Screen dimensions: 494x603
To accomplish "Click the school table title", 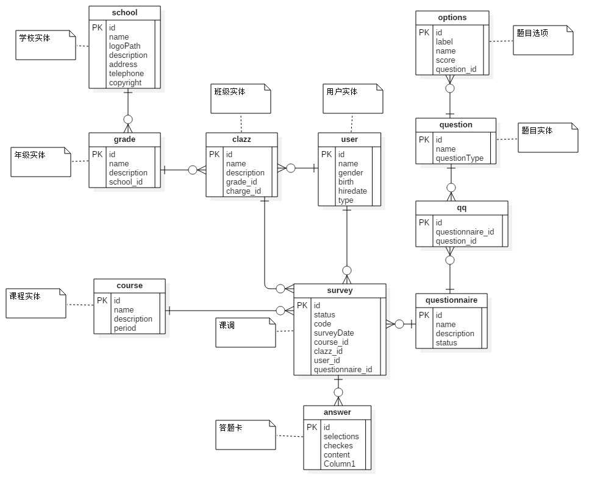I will [x=124, y=13].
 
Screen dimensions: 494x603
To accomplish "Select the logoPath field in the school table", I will [x=124, y=46].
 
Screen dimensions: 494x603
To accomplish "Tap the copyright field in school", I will [x=125, y=83].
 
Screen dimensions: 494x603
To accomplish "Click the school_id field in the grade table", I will [x=126, y=182].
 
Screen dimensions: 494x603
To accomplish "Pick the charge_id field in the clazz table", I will [x=243, y=191].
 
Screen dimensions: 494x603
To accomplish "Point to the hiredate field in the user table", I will [x=352, y=191].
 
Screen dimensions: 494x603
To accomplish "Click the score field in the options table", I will [x=445, y=60].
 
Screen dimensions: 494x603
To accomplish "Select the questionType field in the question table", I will [x=459, y=158].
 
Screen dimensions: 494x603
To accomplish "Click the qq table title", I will [x=462, y=208].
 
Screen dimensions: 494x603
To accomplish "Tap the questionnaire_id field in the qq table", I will [x=465, y=232].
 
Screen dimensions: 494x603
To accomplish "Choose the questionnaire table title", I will [x=451, y=300].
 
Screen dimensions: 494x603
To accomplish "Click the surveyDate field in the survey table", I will [x=334, y=333].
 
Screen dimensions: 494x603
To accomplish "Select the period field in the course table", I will [x=124, y=328].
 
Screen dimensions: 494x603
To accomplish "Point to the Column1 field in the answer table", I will [x=339, y=464].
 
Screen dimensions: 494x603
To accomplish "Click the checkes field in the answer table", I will [x=338, y=446].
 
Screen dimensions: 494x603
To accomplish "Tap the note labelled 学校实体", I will [x=45, y=45].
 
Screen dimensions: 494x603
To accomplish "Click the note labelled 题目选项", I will [x=543, y=40].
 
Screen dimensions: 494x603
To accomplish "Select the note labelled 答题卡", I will [x=246, y=435].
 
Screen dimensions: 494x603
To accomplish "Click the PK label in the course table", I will [x=102, y=301].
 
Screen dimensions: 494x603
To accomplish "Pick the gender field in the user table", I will [x=351, y=173].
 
